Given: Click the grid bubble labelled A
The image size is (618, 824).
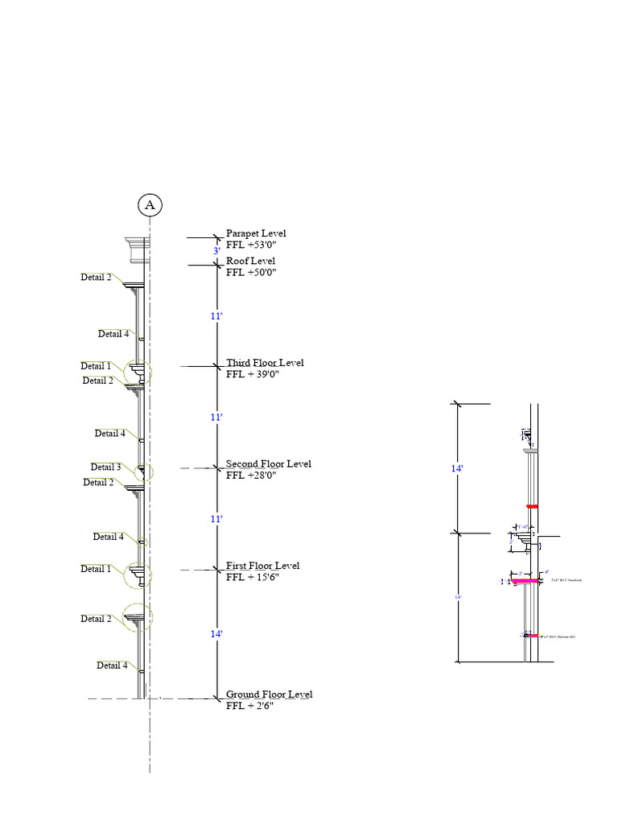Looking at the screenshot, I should coord(150,205).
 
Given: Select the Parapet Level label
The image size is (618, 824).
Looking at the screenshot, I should coord(256,233).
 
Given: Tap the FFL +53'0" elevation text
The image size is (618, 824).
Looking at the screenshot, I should coord(256,245).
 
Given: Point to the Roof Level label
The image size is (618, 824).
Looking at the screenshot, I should coord(250,261).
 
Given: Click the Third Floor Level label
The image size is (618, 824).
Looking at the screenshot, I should coord(265,363).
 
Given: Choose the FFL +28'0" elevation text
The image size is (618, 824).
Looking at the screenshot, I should coord(252,476).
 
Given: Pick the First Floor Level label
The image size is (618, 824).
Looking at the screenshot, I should coord(262,566).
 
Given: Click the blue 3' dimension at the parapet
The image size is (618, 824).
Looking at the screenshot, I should coord(216,251).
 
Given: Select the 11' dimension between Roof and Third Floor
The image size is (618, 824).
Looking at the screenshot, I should coord(216,316).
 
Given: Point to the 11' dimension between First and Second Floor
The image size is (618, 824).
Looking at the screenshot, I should coord(216,519).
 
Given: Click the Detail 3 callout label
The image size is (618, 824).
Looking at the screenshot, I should coord(105,467).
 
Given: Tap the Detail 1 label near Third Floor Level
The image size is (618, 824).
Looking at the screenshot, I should coord(96,366).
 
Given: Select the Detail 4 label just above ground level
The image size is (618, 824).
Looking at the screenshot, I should coord(112,665).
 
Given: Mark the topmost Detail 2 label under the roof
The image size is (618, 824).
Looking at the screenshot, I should coord(96,277).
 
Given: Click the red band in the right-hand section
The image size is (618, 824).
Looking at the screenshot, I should coord(531,506).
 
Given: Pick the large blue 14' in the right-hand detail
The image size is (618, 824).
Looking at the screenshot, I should coord(457,466).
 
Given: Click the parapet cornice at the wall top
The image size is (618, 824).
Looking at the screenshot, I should coord(137,249).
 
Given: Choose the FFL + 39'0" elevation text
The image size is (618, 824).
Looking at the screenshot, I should coord(253,374).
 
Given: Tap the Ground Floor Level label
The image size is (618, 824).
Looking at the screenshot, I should coord(269,694).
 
